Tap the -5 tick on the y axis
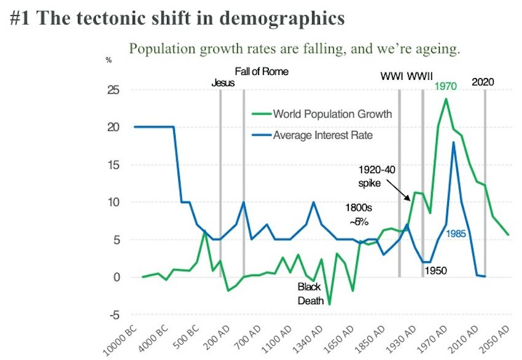click(x=114, y=315)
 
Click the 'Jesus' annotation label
click(x=223, y=82)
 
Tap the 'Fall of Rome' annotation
click(x=262, y=71)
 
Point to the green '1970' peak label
click(x=445, y=87)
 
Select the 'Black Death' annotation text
click(x=310, y=294)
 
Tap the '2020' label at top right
click(x=483, y=82)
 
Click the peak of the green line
click(x=446, y=99)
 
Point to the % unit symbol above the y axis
click(x=109, y=60)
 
